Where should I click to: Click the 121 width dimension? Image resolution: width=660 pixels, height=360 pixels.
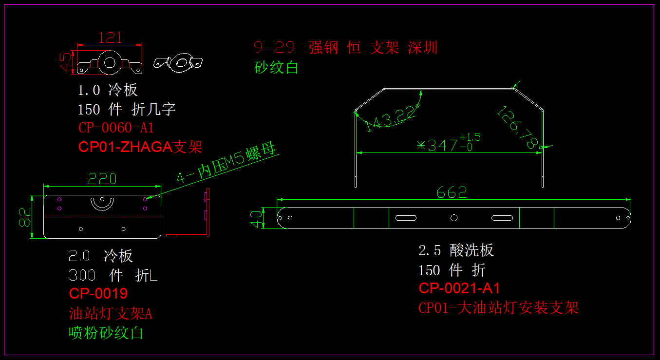(110, 38)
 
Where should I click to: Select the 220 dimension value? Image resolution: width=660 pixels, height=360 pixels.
(102, 179)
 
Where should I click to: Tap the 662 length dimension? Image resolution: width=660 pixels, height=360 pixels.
(452, 192)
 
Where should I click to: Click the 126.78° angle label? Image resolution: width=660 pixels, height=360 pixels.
(519, 128)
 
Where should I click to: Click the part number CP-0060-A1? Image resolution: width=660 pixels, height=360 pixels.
(116, 128)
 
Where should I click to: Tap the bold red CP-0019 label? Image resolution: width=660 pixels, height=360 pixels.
(98, 294)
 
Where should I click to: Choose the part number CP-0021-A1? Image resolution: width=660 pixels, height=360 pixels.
(459, 288)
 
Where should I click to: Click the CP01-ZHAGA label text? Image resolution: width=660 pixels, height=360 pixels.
(140, 147)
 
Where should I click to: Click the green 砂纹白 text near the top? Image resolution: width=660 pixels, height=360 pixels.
(276, 68)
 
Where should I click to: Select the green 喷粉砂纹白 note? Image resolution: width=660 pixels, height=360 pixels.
(106, 333)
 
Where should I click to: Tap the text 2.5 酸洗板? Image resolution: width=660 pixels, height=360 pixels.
(456, 250)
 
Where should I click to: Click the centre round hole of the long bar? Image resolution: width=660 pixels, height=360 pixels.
(454, 218)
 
